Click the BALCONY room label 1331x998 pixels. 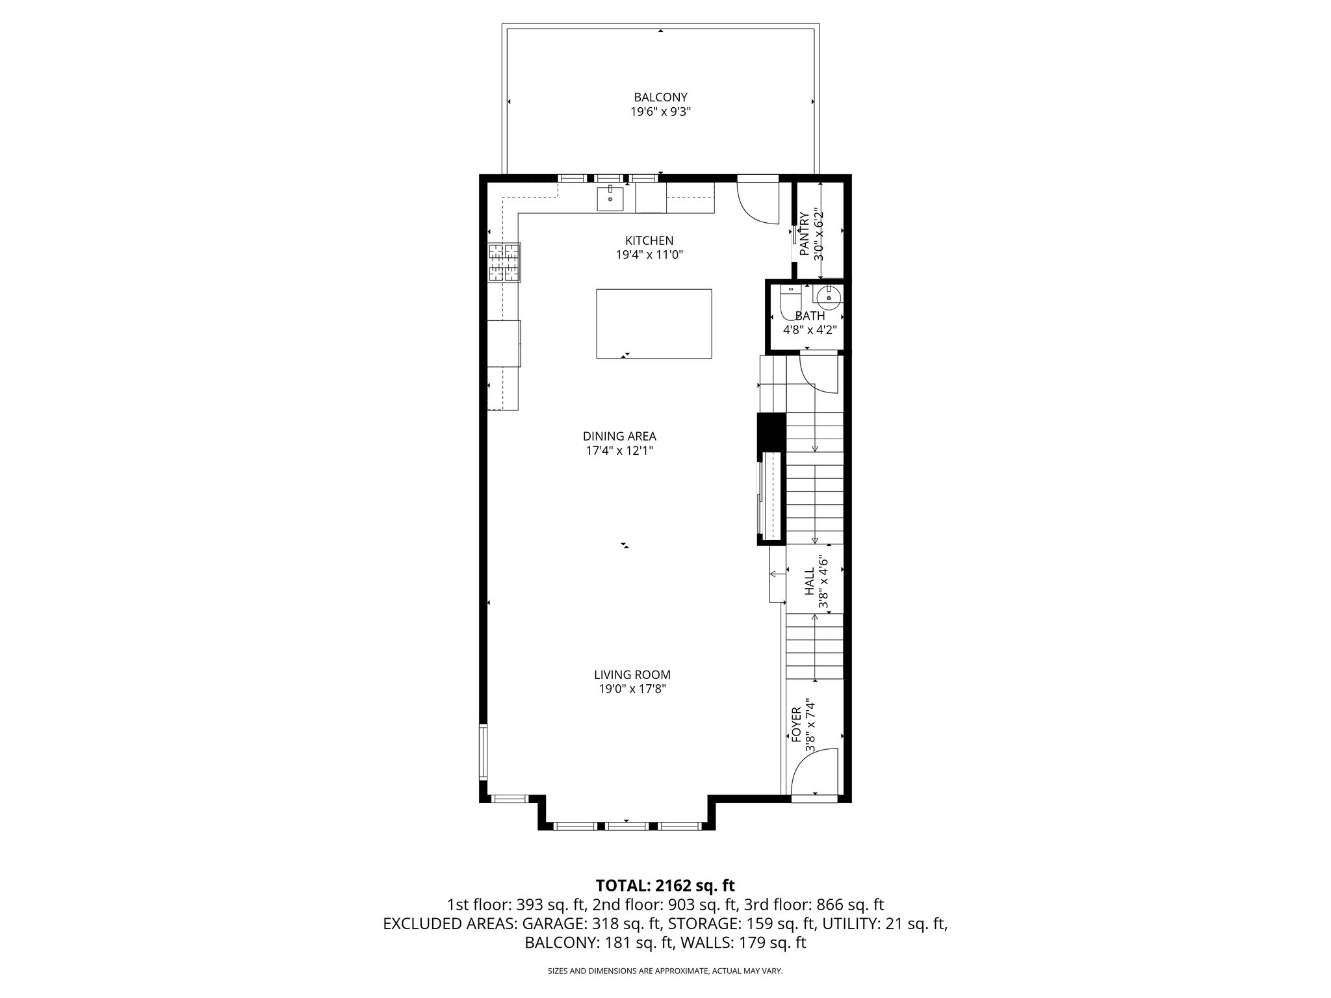660,97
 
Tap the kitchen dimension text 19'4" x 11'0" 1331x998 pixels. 649,255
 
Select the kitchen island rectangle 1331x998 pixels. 654,324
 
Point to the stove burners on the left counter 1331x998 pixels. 504,262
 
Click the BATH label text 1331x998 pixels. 810,316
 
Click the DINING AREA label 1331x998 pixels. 619,436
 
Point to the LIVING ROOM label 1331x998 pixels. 632,675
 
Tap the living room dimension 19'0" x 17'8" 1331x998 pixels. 632,689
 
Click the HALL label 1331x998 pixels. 810,582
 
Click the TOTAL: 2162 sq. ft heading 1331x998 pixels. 665,885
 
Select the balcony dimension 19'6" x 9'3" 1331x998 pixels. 660,112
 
